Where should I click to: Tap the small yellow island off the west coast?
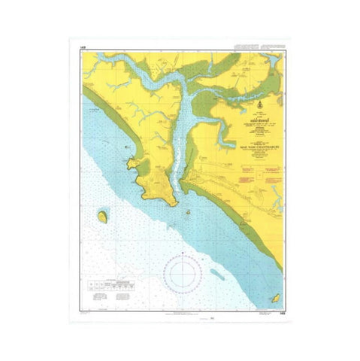point(101,217)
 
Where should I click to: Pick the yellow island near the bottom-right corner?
point(274,289)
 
